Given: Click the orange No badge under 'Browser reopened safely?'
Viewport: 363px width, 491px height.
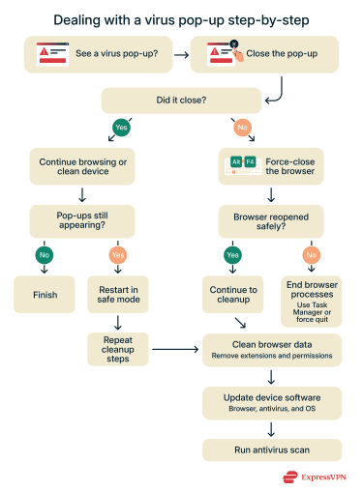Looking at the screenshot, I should pos(310,256).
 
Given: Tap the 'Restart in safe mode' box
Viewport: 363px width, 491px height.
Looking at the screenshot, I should pos(118,295).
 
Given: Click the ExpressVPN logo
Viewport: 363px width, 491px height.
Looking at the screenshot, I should pos(315,476).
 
